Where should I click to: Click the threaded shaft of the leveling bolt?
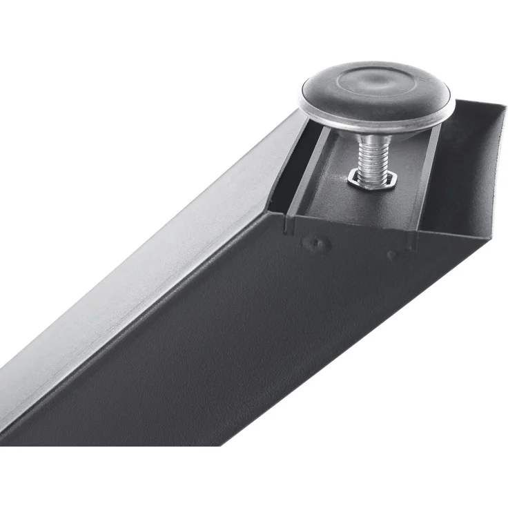click(373, 158)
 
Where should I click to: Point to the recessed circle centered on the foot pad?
click(378, 84)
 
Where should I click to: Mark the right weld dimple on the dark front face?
click(393, 254)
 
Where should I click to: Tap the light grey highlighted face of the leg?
click(138, 276)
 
